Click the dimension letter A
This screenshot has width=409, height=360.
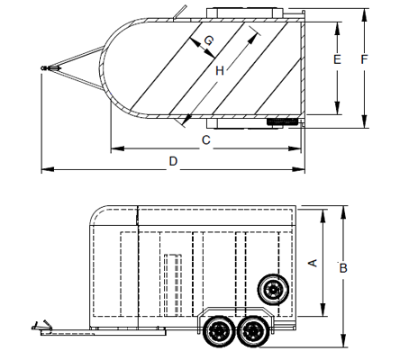pyautogui.click(x=313, y=263)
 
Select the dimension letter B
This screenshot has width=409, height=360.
pyautogui.click(x=343, y=268)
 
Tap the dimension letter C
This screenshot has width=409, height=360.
pyautogui.click(x=206, y=140)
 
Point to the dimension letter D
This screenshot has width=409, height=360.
pyautogui.click(x=173, y=161)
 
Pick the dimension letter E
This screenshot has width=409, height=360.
pyautogui.click(x=337, y=59)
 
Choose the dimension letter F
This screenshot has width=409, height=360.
pyautogui.click(x=364, y=59)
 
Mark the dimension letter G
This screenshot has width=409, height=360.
pyautogui.click(x=208, y=40)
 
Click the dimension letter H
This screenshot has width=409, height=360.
pyautogui.click(x=220, y=71)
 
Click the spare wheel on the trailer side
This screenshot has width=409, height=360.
pyautogui.click(x=273, y=290)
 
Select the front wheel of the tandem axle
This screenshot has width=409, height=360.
pyautogui.click(x=219, y=331)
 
